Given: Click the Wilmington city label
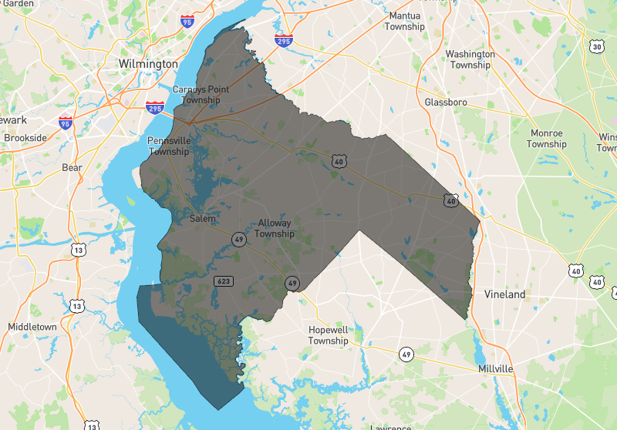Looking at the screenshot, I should click(x=148, y=63).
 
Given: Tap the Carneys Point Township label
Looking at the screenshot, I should click(x=201, y=95).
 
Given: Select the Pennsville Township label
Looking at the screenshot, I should click(x=169, y=146).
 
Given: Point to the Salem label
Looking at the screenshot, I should click(x=203, y=219).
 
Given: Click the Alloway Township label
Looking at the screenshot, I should click(x=275, y=228).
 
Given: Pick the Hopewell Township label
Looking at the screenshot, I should click(x=329, y=335).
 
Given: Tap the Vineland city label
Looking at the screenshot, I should click(x=504, y=294).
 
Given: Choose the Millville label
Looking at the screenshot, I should click(x=495, y=369).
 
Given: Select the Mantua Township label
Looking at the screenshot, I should click(x=406, y=21).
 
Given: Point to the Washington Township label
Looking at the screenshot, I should click(x=470, y=59).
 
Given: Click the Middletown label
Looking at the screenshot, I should click(x=32, y=327).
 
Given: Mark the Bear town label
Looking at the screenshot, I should click(x=72, y=167).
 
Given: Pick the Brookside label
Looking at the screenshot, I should click(x=25, y=138).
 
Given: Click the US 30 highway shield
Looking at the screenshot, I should click(x=597, y=47).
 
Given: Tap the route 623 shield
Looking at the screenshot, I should click(x=224, y=281).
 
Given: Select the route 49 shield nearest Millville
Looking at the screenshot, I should click(x=406, y=354).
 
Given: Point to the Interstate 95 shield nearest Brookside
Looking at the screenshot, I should click(x=66, y=122).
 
